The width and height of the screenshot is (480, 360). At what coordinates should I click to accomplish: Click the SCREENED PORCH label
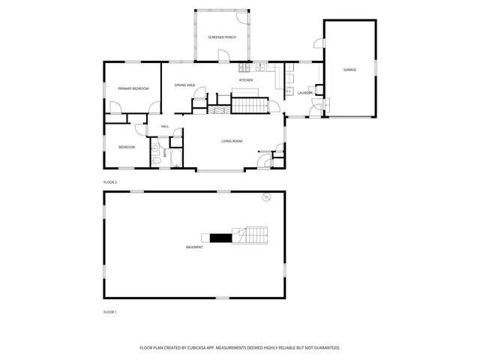(x=222, y=36)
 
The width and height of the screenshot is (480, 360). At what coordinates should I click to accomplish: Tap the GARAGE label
(x=349, y=70)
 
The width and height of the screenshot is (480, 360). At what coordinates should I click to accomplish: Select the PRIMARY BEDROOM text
(x=133, y=88)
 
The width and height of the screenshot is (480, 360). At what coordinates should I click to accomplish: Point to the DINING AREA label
(x=185, y=85)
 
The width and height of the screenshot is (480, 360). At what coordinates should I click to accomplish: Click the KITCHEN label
(x=246, y=80)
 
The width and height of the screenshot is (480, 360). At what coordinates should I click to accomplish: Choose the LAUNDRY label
(x=304, y=93)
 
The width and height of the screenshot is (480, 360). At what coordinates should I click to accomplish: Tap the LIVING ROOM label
(x=231, y=141)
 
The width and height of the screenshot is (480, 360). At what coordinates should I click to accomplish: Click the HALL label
(x=164, y=126)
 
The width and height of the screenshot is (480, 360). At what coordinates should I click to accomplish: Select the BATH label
(x=165, y=152)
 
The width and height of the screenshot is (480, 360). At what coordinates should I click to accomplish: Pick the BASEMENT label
(x=194, y=247)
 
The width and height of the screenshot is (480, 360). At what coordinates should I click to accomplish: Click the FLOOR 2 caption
(x=110, y=182)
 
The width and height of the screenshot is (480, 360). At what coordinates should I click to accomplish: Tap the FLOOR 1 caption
(x=110, y=311)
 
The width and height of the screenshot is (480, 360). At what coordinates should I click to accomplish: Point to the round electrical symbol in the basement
(x=265, y=198)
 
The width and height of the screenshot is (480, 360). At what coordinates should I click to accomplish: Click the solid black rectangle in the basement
(x=220, y=238)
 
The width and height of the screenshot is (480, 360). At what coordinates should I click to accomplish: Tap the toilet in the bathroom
(x=155, y=158)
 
